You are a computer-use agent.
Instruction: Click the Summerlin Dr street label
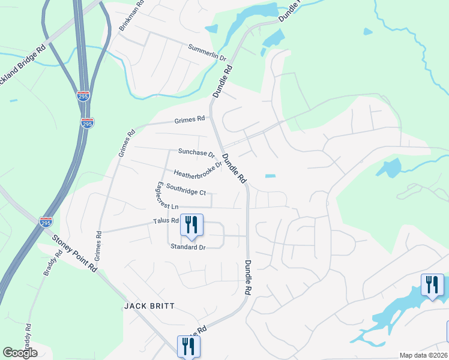point(206,53)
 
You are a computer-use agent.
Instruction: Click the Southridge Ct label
point(186,190)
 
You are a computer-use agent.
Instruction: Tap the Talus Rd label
point(166,221)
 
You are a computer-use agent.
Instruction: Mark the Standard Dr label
point(188,247)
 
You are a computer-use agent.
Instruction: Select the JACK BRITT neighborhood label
point(149,306)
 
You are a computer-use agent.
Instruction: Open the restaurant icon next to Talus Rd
point(191,226)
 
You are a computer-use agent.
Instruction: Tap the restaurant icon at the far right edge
point(432,285)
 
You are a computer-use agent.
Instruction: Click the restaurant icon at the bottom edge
point(188,346)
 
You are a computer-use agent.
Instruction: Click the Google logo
point(20,353)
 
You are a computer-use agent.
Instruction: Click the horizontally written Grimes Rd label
point(190,120)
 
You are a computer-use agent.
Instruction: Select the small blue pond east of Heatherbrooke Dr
point(270,176)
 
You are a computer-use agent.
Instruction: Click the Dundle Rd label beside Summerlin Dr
point(223,82)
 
